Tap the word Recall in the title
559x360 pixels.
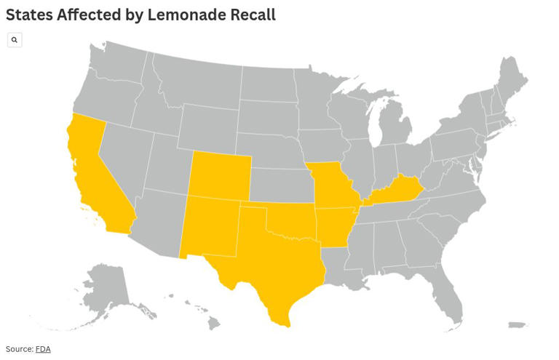tap(251, 15)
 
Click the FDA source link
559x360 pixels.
tap(43, 349)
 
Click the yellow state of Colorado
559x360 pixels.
tap(220, 177)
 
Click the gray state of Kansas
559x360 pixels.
tap(280, 185)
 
